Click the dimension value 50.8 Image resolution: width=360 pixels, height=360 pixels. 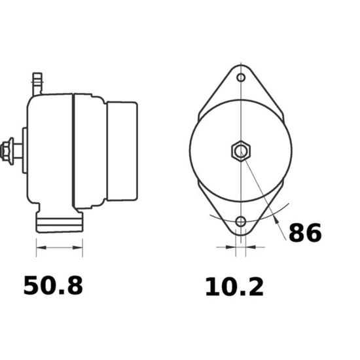click(53, 285)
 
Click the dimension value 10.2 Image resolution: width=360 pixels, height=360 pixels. click(234, 287)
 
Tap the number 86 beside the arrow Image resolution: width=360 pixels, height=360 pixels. click(305, 232)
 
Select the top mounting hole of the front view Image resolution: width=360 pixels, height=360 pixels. click(241, 77)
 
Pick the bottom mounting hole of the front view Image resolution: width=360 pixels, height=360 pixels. click(241, 221)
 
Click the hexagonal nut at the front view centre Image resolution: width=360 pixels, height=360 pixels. click(241, 151)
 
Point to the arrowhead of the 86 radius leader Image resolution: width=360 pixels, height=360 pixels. click(276, 219)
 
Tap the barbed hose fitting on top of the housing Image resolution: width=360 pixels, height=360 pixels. click(37, 84)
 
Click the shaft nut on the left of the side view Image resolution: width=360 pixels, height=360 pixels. click(7, 151)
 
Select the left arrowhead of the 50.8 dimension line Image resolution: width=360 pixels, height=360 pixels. click(41, 247)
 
